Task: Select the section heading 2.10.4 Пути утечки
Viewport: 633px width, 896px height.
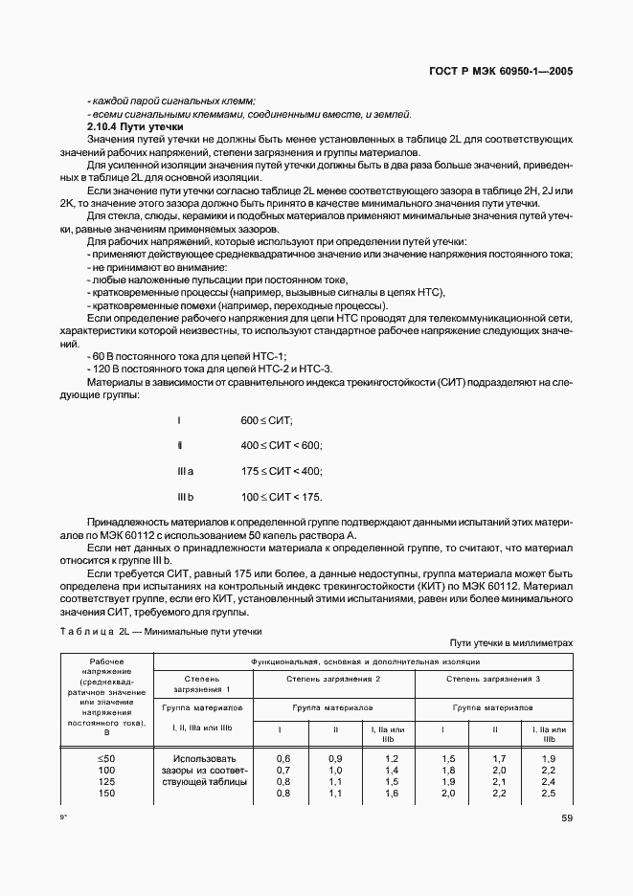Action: [x=128, y=127]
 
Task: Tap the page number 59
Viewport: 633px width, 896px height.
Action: [x=565, y=818]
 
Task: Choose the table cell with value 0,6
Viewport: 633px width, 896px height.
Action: [x=283, y=758]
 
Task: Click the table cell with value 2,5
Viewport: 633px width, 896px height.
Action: [x=548, y=793]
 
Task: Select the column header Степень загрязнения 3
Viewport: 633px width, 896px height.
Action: [x=493, y=678]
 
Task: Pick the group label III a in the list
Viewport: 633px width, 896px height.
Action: [x=186, y=471]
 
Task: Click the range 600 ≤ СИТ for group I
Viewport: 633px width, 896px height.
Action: [x=266, y=421]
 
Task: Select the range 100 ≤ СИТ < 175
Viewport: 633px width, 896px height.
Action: [x=282, y=496]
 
